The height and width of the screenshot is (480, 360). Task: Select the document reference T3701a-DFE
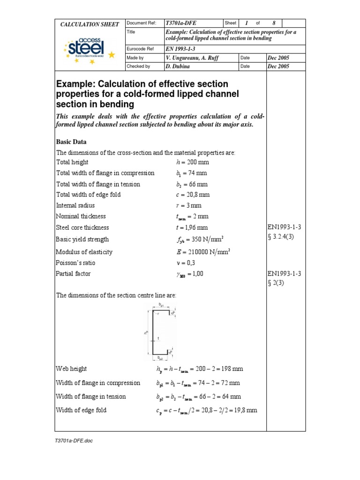[181, 23]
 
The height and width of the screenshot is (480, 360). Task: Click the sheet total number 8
[274, 23]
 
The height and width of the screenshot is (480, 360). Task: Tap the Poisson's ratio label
[73, 262]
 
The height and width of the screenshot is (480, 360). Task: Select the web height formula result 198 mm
[233, 369]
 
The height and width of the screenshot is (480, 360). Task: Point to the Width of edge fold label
[81, 410]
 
